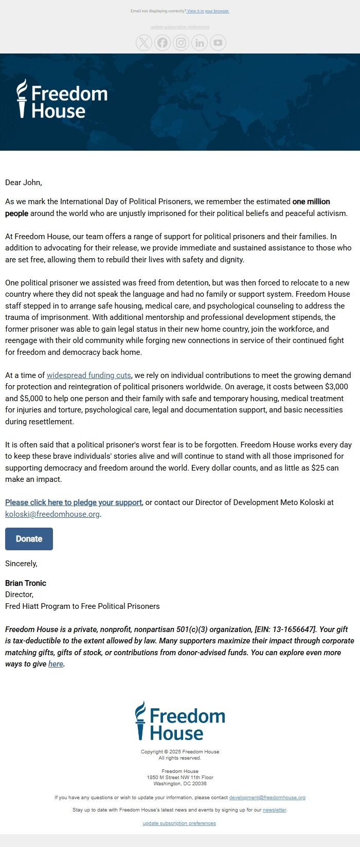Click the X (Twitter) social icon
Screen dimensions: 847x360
144,43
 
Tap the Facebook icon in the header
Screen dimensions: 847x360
163,43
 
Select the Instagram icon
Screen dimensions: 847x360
181,43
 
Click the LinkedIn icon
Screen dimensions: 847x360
200,43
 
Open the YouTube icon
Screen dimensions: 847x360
218,43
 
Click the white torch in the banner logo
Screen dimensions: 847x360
22,98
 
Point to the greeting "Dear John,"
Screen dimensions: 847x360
24,183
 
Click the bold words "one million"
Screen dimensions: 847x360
311,202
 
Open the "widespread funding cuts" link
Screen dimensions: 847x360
89,375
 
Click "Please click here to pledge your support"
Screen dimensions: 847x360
74,502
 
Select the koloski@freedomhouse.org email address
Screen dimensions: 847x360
52,514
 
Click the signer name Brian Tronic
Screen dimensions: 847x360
26,583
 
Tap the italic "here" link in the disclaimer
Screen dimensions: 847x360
56,664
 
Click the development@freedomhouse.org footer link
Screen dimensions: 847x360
267,798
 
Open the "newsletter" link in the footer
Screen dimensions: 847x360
274,810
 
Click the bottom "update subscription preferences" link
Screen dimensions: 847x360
179,823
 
